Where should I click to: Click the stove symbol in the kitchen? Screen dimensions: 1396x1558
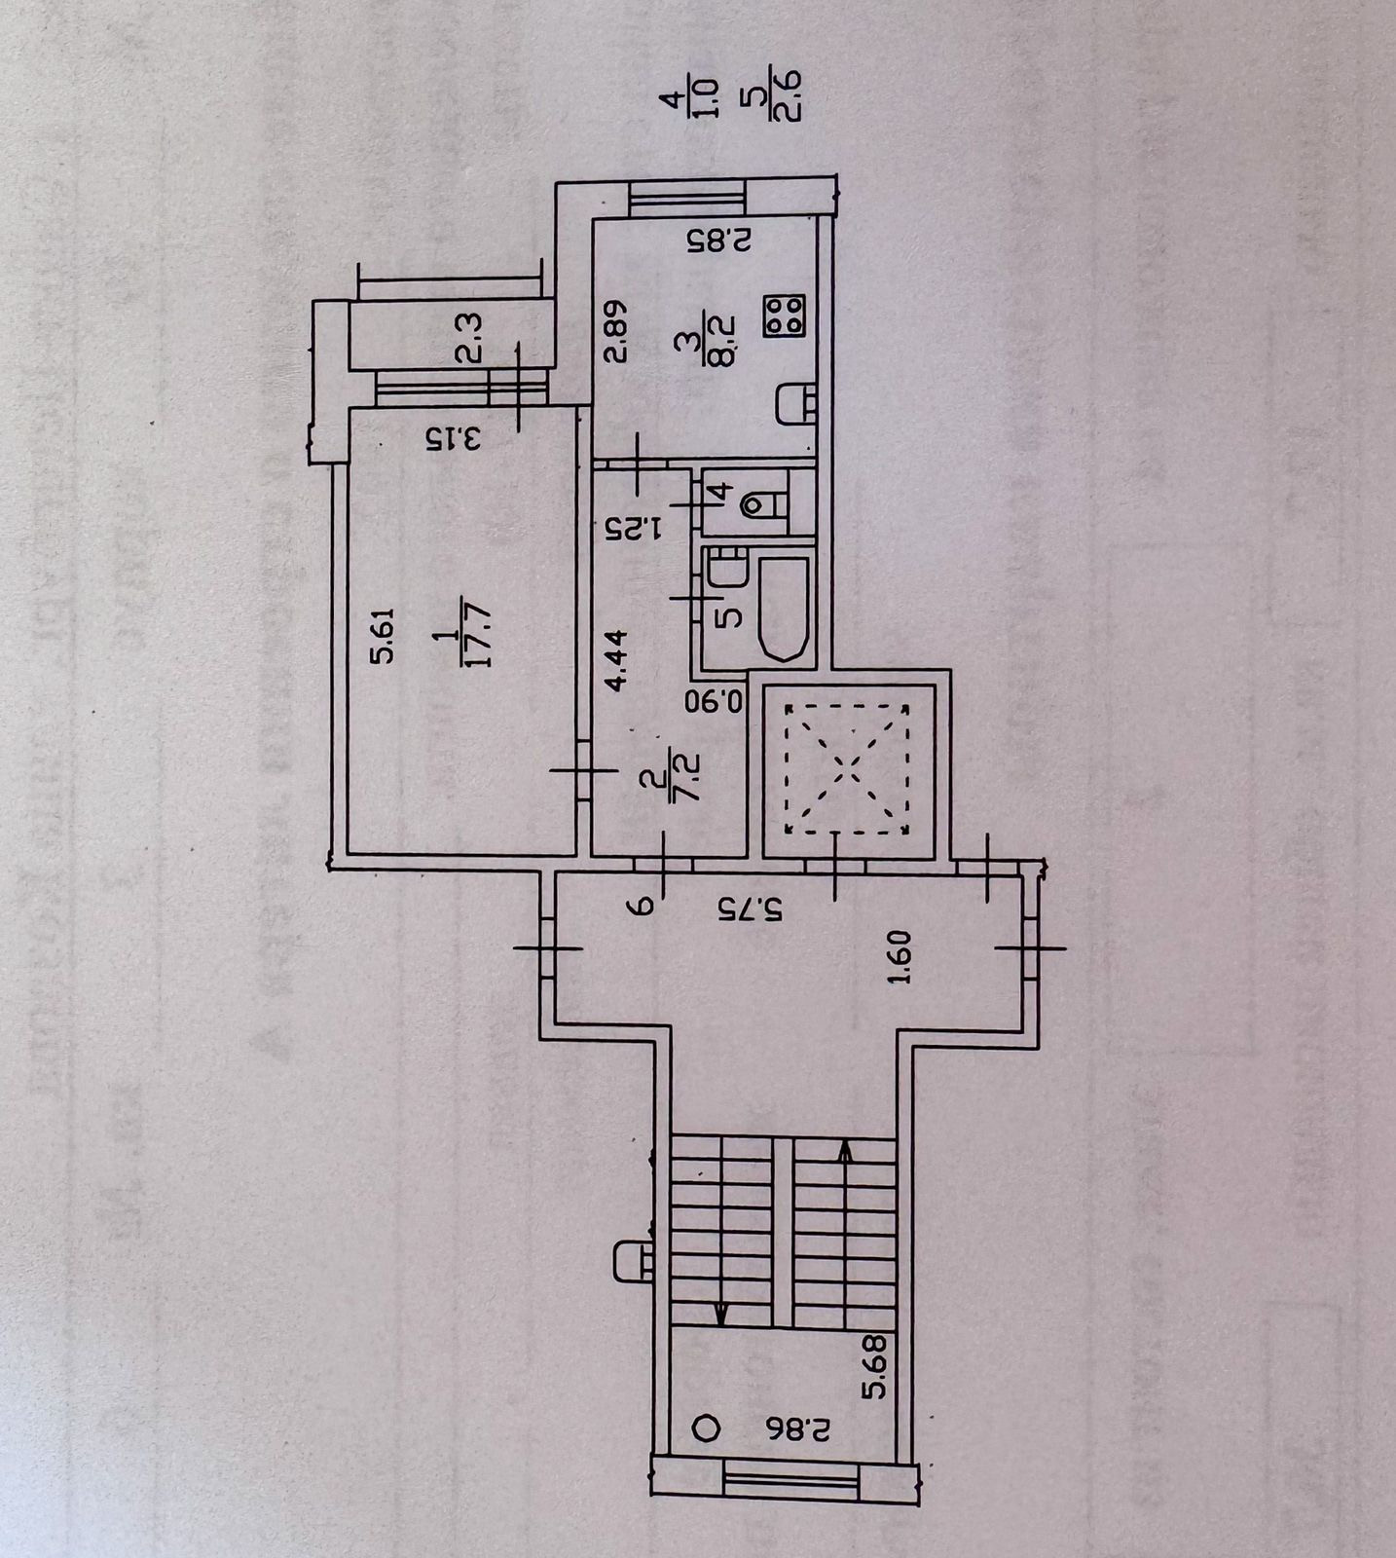click(x=784, y=316)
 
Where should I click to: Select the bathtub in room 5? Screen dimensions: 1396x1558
click(x=781, y=610)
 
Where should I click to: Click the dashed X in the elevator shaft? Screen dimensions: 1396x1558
click(x=848, y=769)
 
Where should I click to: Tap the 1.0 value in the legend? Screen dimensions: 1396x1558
click(x=708, y=99)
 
